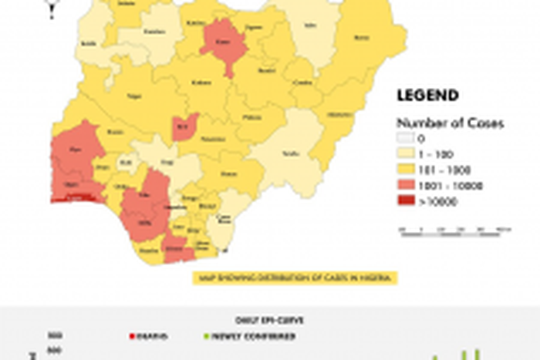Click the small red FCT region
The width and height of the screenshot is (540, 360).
(x=184, y=126)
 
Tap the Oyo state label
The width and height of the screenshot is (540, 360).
(x=76, y=149)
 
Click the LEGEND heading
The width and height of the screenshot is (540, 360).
(x=427, y=96)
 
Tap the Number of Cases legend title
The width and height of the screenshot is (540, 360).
(x=451, y=123)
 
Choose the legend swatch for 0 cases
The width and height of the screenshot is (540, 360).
(x=406, y=139)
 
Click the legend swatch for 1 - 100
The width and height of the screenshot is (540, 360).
(x=406, y=154)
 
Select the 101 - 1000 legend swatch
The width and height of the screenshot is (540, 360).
(x=406, y=170)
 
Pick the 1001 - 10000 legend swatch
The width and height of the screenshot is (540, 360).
(x=406, y=186)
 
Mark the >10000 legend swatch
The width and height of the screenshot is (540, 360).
(x=406, y=202)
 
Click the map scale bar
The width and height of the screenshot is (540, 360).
(x=455, y=229)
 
